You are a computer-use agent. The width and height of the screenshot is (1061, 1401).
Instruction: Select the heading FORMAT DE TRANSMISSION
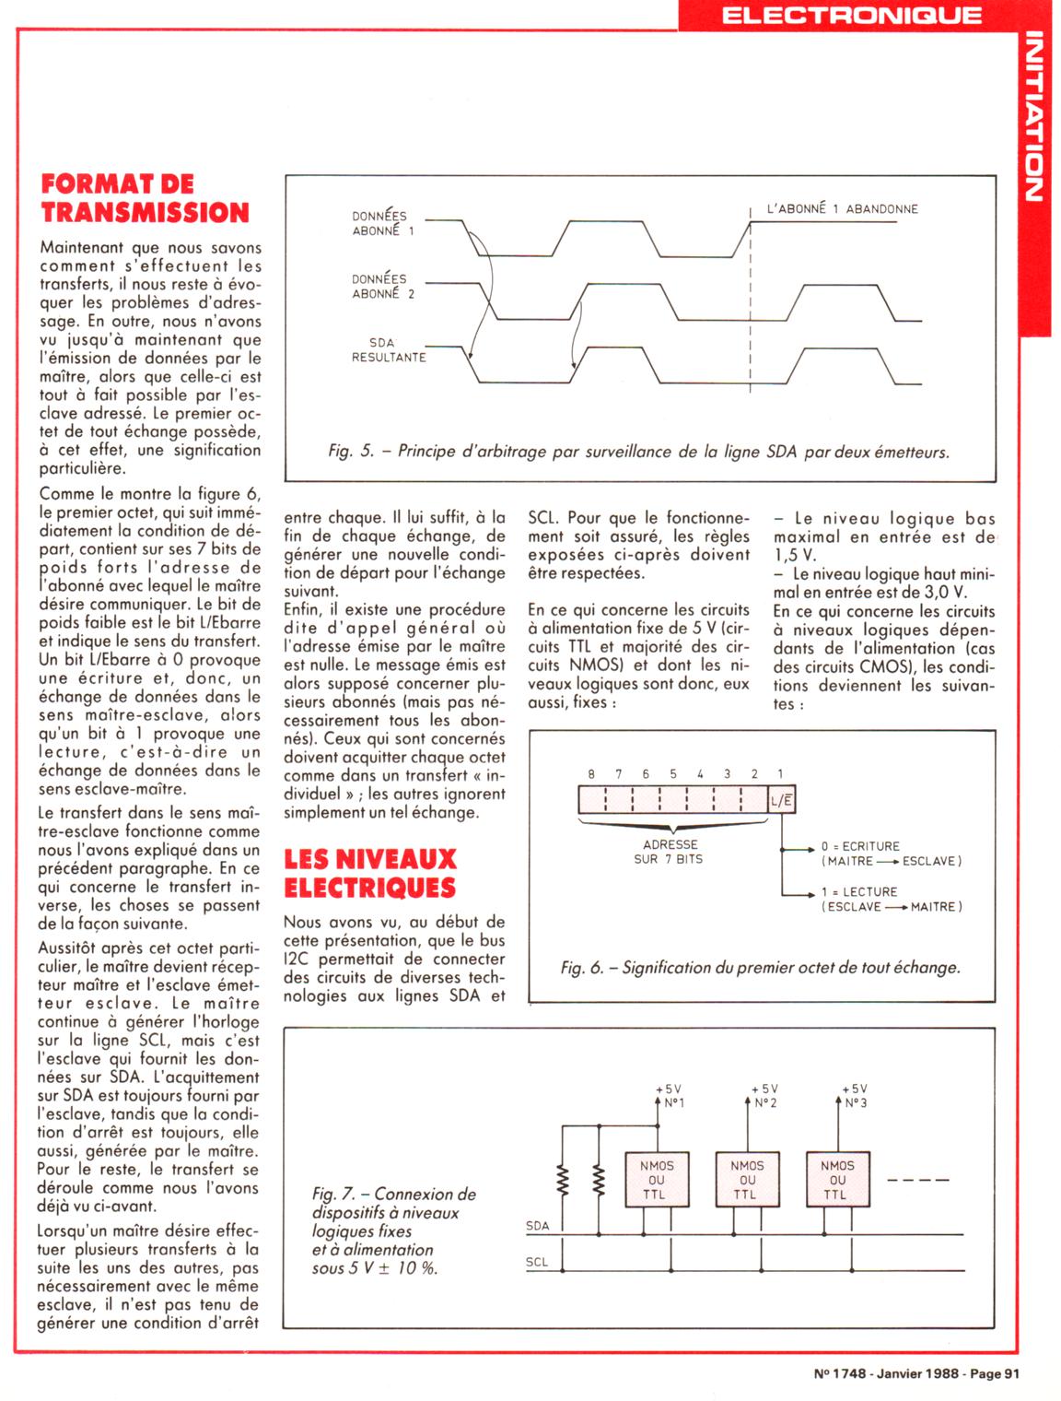click(145, 198)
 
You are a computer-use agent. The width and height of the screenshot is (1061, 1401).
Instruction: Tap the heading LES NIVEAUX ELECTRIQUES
click(370, 873)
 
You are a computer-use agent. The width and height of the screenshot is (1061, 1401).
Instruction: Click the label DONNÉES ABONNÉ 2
click(382, 286)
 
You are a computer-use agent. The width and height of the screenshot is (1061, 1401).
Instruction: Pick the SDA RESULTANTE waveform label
click(388, 349)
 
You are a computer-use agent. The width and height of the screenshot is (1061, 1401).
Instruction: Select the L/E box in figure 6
click(781, 800)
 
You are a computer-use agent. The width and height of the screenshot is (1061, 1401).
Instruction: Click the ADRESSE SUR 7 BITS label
click(670, 851)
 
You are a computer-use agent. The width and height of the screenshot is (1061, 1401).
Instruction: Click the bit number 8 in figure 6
click(591, 774)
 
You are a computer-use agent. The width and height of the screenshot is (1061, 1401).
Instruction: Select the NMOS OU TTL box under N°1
click(657, 1180)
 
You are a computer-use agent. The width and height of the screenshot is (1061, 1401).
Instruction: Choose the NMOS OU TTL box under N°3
click(837, 1180)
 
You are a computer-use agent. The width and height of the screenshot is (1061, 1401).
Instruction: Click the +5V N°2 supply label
click(764, 1096)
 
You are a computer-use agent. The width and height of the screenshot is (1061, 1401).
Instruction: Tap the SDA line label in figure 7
click(537, 1226)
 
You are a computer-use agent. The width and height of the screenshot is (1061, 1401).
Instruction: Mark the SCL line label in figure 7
click(537, 1262)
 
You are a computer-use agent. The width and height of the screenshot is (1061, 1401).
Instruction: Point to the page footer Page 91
click(991, 1373)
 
